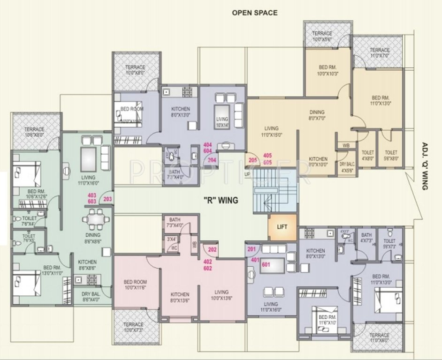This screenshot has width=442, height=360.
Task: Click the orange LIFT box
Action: tap(282, 227)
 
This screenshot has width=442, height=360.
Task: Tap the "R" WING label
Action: tap(221, 200)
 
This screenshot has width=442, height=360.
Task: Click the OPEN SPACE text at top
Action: tap(254, 13)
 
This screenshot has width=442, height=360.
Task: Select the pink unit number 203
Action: tap(107, 199)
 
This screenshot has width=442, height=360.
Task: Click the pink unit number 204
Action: tap(212, 159)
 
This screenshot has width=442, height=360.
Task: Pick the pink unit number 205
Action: tap(253, 160)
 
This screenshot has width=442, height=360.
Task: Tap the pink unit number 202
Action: tap(212, 250)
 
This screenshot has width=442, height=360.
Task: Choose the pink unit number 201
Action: tap(252, 249)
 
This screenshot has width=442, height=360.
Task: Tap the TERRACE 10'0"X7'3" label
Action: tap(133, 327)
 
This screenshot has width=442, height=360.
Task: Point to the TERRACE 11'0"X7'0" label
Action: tap(379, 52)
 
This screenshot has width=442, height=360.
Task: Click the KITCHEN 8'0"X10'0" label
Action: tap(318, 161)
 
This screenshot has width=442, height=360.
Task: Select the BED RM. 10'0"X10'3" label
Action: tap(327, 71)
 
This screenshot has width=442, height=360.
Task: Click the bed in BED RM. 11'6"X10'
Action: tap(321, 315)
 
